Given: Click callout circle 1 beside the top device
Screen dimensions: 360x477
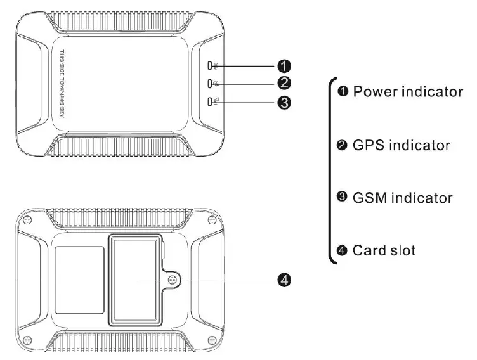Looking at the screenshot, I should coord(285,65).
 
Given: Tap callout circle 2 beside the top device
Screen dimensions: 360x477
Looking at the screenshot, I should coord(285,83).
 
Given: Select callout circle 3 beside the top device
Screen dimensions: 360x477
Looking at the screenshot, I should coord(285,102).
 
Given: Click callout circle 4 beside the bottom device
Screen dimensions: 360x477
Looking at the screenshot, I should coord(285,280).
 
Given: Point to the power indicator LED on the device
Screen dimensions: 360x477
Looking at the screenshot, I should coord(211,65).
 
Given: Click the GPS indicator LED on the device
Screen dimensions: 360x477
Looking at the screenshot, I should coord(211,83).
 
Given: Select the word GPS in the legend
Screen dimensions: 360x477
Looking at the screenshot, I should coord(367,145).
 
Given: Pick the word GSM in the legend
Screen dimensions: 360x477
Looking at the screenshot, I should coord(369,198).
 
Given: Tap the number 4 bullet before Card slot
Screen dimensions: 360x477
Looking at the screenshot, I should coord(343,251).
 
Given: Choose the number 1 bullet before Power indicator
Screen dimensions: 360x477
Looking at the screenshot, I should coord(343,93).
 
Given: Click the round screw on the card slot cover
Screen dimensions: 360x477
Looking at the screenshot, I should coord(172,279).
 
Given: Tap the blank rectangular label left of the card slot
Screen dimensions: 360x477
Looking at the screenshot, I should coord(80,279).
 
